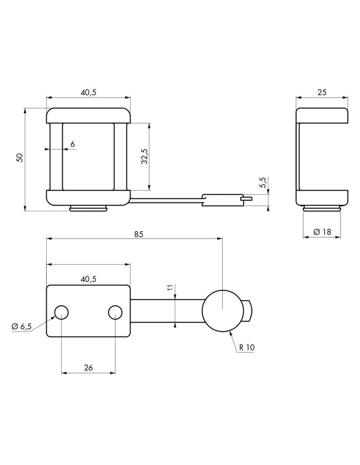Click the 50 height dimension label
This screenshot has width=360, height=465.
coord(20,157)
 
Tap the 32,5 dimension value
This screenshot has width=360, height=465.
coord(145,156)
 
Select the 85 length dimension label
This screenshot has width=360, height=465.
coord(138,234)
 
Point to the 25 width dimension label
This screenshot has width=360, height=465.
coord(322,92)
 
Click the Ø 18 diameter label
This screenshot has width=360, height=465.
coord(322,232)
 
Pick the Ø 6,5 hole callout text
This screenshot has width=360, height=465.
coord(22,326)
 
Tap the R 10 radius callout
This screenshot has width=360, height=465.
coord(247,347)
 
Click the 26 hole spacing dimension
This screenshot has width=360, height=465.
coord(88,368)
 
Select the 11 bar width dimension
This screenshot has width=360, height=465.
coord(170,287)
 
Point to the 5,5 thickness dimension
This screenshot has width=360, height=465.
coord(263,182)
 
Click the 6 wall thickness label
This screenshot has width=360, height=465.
coord(73,144)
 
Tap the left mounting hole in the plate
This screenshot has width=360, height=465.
coord(61,312)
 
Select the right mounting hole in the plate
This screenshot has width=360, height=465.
coord(115,312)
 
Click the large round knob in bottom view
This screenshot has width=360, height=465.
coord(223,310)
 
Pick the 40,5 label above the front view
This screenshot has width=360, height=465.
coord(88,92)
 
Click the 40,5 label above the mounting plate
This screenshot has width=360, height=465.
coord(88,279)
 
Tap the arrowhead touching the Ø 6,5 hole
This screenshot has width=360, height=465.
coord(53,318)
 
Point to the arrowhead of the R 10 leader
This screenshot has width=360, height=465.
coord(231,333)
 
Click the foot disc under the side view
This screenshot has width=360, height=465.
coord(322,209)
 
